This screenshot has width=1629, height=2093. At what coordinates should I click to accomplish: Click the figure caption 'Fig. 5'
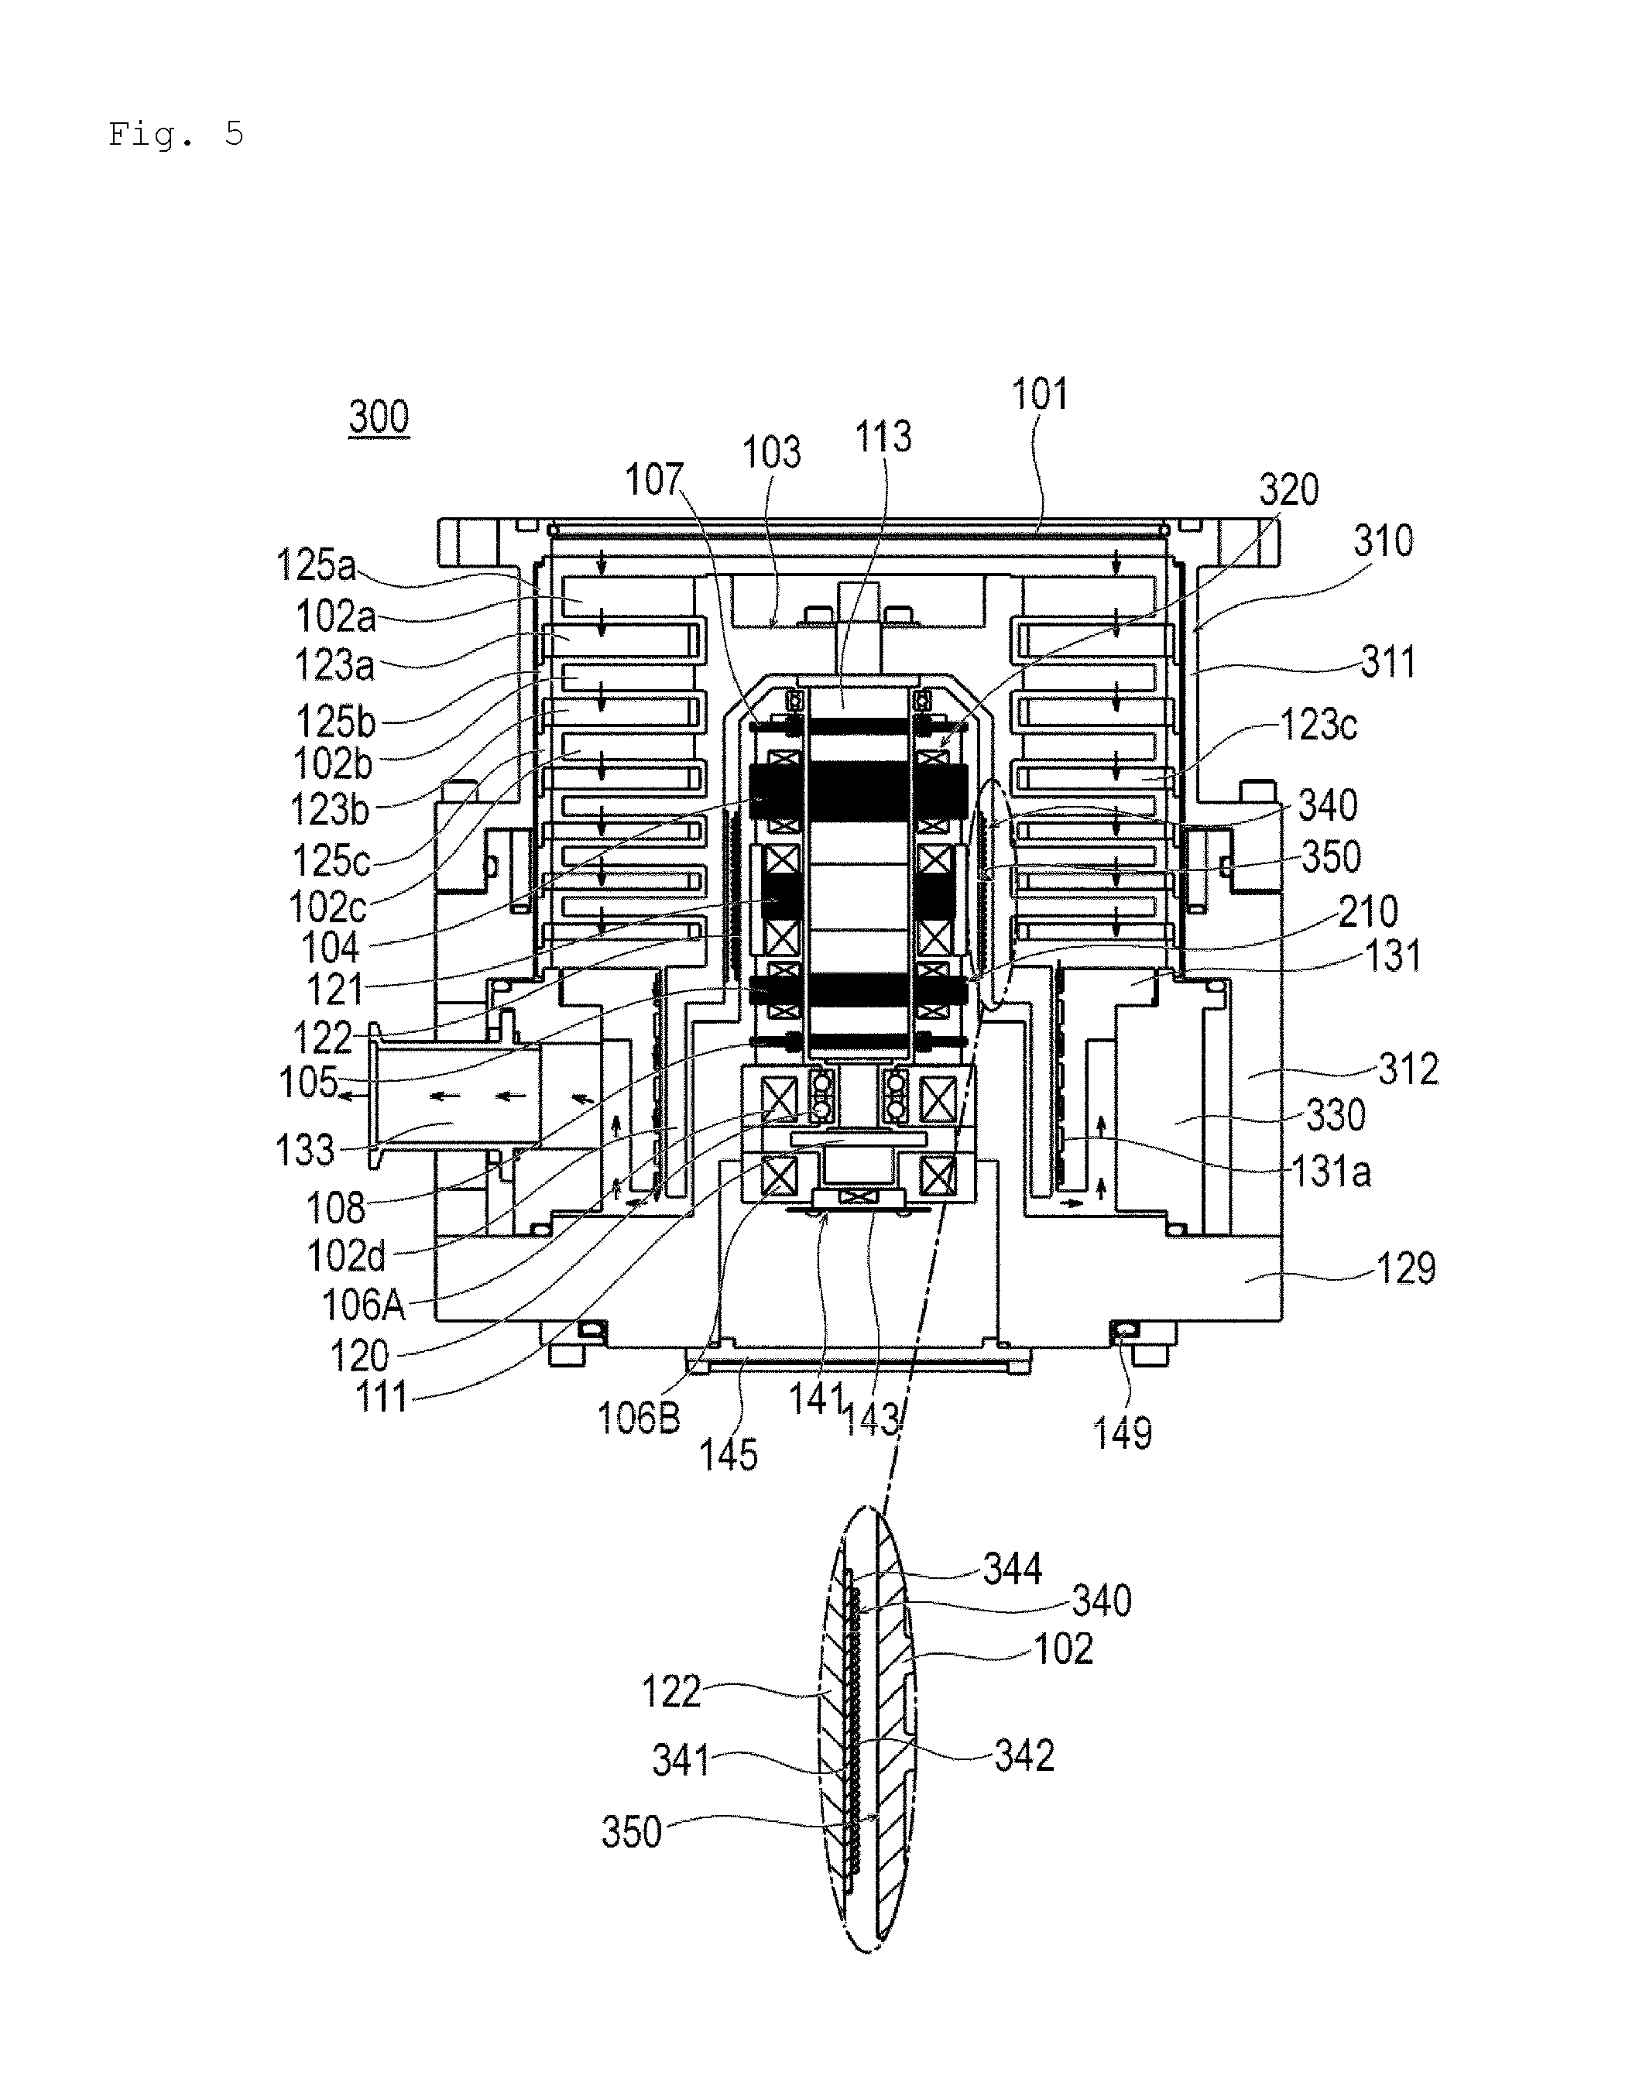tap(177, 134)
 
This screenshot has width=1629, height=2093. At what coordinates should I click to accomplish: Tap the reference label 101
tap(1040, 394)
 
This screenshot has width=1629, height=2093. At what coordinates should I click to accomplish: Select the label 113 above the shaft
tap(883, 436)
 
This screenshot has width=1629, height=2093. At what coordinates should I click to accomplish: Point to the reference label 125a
tap(315, 564)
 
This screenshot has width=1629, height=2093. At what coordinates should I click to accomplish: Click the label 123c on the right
tap(1319, 725)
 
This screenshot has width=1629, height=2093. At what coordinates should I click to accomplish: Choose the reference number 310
tap(1383, 541)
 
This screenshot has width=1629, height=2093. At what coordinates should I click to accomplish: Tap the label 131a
tap(1331, 1171)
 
